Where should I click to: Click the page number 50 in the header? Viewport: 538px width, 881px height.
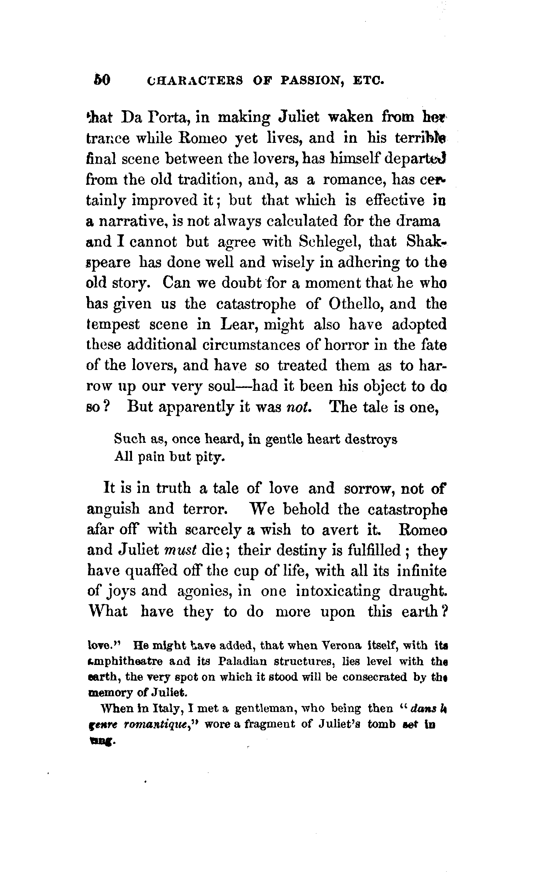pos(102,80)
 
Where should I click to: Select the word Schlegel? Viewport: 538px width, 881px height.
pos(329,242)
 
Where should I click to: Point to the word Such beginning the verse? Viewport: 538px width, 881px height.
pos(129,439)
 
